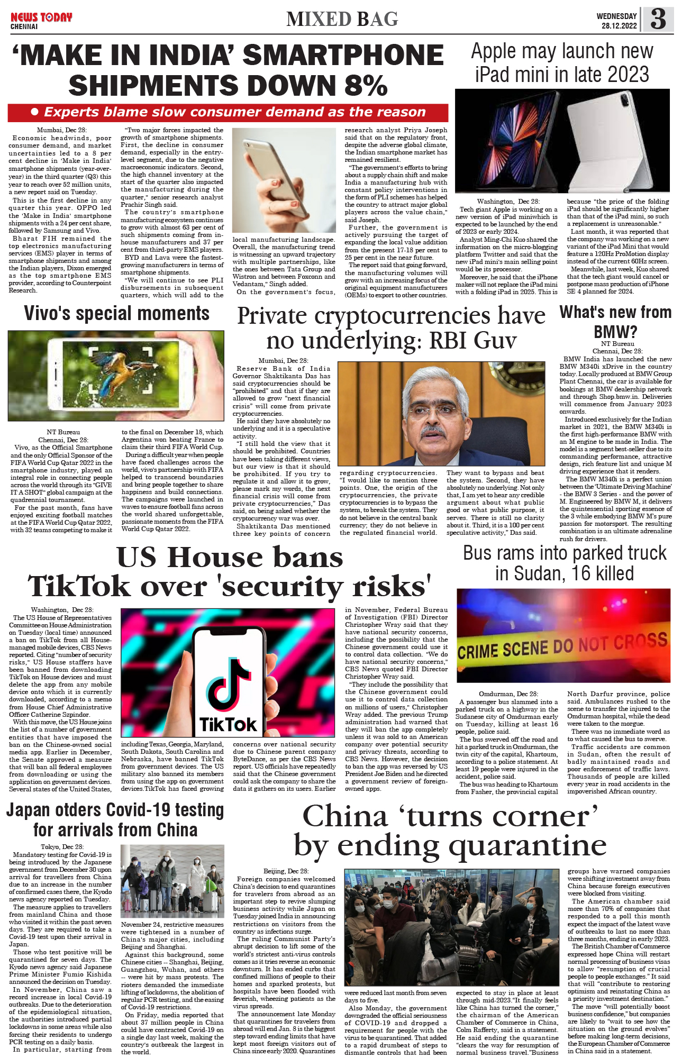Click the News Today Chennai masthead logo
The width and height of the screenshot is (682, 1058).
click(x=41, y=20)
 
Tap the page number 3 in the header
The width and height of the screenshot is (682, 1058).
click(x=658, y=20)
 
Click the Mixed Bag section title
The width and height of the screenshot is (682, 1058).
click(x=342, y=20)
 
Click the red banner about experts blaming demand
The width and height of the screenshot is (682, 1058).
click(x=228, y=112)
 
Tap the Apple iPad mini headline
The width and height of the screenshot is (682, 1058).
click(x=562, y=62)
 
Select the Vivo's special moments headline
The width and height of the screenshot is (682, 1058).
click(x=116, y=313)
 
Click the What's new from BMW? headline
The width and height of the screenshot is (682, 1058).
click(x=615, y=322)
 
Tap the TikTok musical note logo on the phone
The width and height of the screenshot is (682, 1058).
click(x=228, y=688)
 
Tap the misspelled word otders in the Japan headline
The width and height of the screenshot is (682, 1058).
click(x=78, y=810)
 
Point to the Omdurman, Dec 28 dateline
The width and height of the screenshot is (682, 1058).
click(x=508, y=694)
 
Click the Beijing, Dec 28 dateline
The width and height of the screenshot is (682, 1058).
click(x=286, y=871)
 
